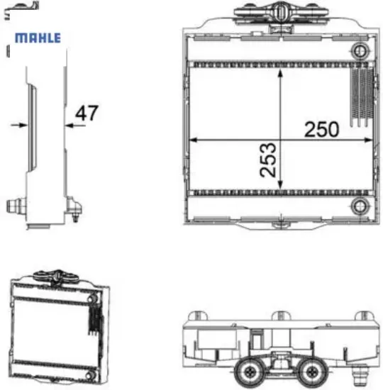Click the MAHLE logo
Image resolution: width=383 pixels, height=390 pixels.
(x=38, y=38)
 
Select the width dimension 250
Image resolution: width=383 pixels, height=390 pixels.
(x=322, y=129)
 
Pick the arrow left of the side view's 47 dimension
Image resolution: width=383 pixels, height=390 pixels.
(x=20, y=125)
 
